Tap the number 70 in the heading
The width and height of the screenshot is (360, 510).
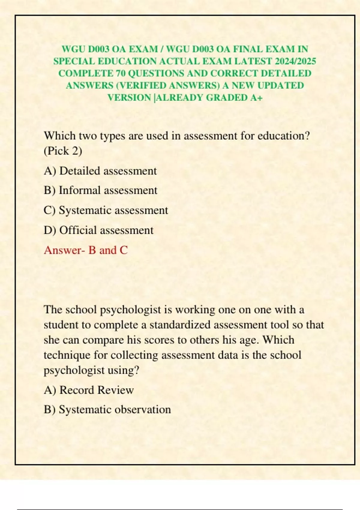pos(120,73)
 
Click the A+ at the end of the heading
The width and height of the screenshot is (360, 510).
pos(256,98)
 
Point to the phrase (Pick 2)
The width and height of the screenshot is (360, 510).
pos(63,151)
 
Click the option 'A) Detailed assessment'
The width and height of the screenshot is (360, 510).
pos(100,171)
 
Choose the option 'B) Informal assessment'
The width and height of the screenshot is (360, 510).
pos(100,190)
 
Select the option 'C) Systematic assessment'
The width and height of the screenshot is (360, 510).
pos(106,210)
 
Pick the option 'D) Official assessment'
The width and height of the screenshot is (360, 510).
pos(98,230)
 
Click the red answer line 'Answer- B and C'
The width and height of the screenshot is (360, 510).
pos(86,250)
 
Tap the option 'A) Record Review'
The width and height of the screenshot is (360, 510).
pos(89,390)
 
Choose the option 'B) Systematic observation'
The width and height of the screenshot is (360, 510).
pos(107,409)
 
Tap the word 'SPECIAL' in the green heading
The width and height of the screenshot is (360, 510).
pos(74,61)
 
